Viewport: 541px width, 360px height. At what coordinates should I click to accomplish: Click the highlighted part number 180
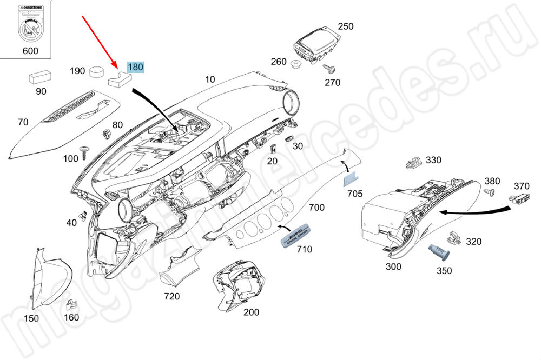click(x=135, y=67)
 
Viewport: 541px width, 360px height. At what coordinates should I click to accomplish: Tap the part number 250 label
click(x=345, y=26)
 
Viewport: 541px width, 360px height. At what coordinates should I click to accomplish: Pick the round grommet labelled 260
click(x=296, y=65)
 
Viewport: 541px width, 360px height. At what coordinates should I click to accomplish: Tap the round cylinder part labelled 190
click(x=97, y=71)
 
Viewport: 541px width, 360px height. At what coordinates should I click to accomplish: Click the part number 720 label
click(x=171, y=296)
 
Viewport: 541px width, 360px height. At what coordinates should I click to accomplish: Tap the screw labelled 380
click(x=492, y=192)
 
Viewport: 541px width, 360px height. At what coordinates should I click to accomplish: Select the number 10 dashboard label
click(x=210, y=79)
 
